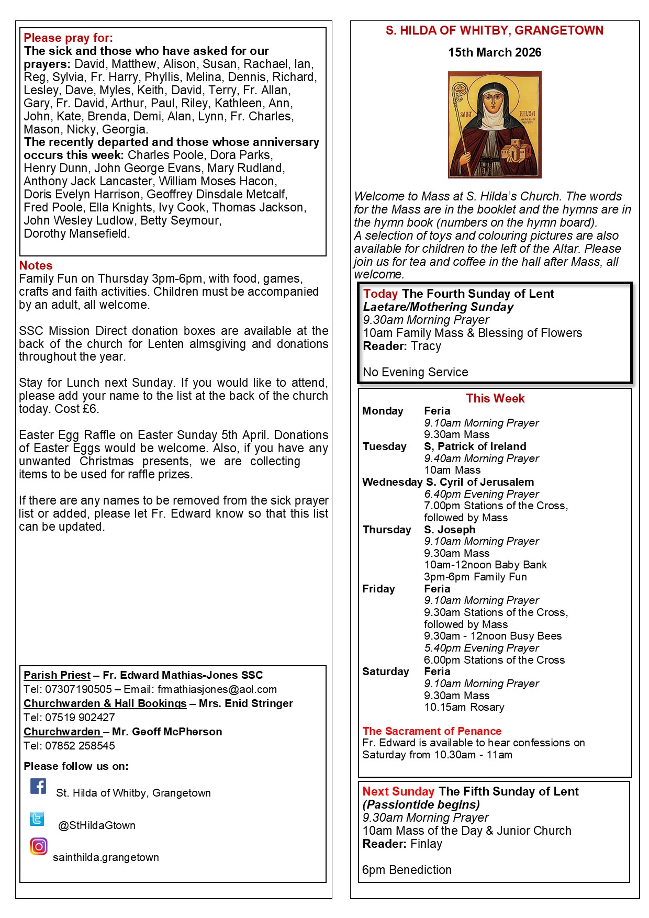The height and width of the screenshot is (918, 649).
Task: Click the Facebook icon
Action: tap(38, 786)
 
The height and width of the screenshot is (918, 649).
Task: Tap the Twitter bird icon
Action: tap(37, 819)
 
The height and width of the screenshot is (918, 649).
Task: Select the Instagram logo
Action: tap(38, 846)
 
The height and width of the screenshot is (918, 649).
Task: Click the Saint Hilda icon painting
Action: tap(495, 125)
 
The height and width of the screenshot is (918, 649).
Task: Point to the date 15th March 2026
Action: tap(495, 52)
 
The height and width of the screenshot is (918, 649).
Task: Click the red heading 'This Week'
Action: tap(495, 398)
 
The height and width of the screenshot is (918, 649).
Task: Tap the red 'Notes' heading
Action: tap(36, 265)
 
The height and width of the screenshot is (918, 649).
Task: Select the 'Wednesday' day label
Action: tap(392, 482)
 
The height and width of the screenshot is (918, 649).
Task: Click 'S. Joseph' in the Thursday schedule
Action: tap(450, 530)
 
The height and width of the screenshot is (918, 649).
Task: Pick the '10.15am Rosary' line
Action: tap(464, 707)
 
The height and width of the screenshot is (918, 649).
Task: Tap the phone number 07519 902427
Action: tap(80, 718)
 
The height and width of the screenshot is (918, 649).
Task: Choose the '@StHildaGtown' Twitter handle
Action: tap(97, 825)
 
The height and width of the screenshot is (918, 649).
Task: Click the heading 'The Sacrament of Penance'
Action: tap(432, 731)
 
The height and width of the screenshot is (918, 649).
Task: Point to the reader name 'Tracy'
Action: tap(426, 346)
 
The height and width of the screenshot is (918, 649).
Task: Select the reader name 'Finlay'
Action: tap(427, 844)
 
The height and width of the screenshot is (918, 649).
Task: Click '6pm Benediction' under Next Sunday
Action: tap(407, 870)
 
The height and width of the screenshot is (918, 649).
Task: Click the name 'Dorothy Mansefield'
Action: tap(76, 233)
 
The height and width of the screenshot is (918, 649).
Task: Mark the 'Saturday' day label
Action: tap(386, 671)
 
